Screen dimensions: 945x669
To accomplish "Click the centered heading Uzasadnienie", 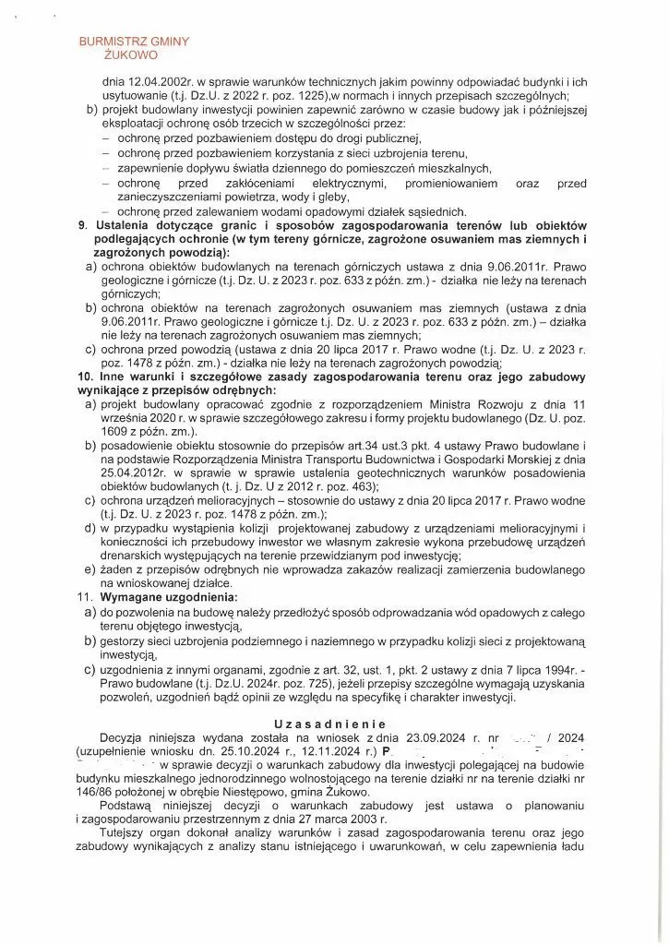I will tap(334, 724).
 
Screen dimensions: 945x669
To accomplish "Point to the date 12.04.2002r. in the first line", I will tap(158, 81).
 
